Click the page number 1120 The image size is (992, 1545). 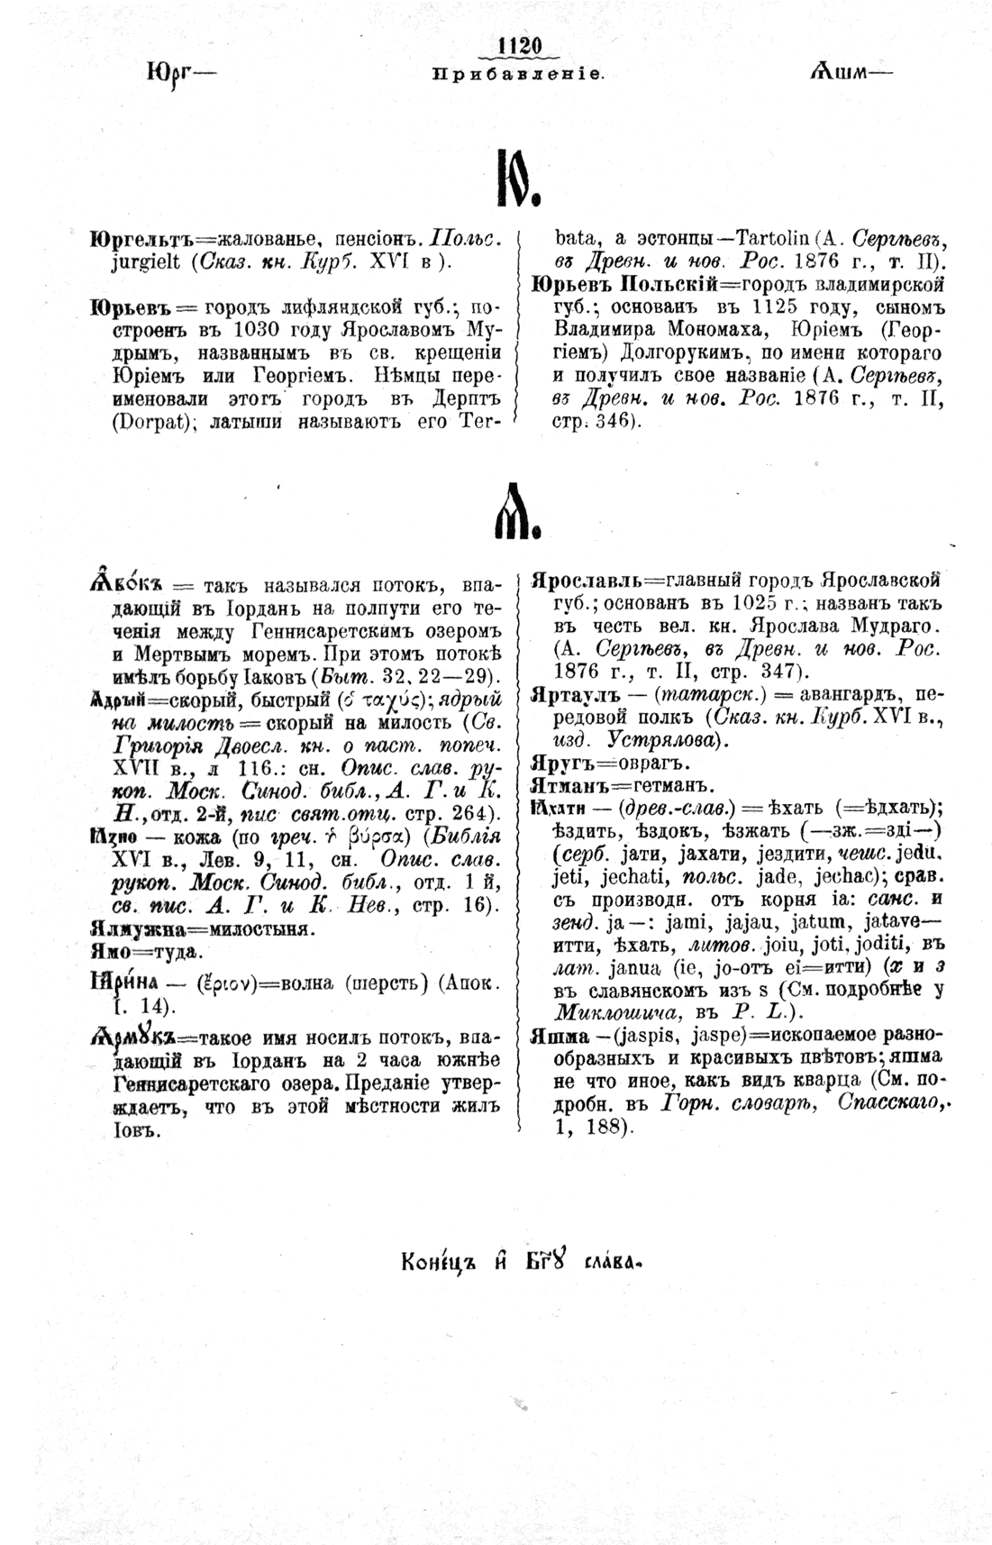[x=517, y=46]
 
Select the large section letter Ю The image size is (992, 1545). [x=516, y=178]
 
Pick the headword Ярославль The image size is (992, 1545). [x=588, y=581]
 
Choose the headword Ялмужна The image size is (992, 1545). [x=139, y=928]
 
